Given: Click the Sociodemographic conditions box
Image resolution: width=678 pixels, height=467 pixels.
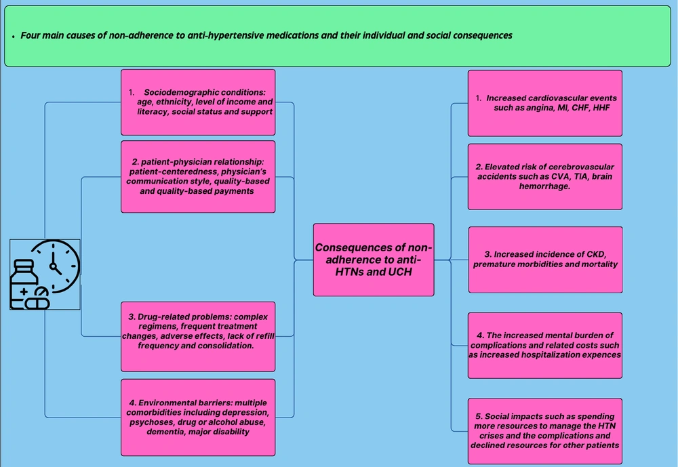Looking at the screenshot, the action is click(x=198, y=102).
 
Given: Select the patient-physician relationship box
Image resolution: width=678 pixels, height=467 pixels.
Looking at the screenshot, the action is click(x=198, y=176).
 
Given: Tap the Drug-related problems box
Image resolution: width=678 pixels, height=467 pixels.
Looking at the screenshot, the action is click(x=198, y=336).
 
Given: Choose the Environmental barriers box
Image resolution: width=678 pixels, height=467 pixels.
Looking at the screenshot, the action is click(x=198, y=418).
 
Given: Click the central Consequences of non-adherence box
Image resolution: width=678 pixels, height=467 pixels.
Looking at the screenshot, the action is click(x=374, y=260).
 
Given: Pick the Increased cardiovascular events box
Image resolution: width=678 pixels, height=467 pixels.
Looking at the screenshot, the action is click(x=545, y=103).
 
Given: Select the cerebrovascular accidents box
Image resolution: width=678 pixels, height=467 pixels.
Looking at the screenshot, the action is click(x=545, y=176).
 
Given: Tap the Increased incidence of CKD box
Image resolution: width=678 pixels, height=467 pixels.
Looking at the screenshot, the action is click(x=546, y=260).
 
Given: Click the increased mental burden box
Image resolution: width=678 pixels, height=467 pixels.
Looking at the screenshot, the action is click(x=545, y=346).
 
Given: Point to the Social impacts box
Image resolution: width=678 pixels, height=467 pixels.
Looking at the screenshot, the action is click(x=545, y=430).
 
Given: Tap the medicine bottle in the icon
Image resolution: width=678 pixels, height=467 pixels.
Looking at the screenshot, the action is click(x=24, y=283).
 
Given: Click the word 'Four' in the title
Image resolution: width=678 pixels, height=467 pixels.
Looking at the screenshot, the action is click(x=31, y=35).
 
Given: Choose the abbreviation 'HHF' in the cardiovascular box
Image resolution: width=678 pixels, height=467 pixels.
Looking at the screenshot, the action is click(x=601, y=108).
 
